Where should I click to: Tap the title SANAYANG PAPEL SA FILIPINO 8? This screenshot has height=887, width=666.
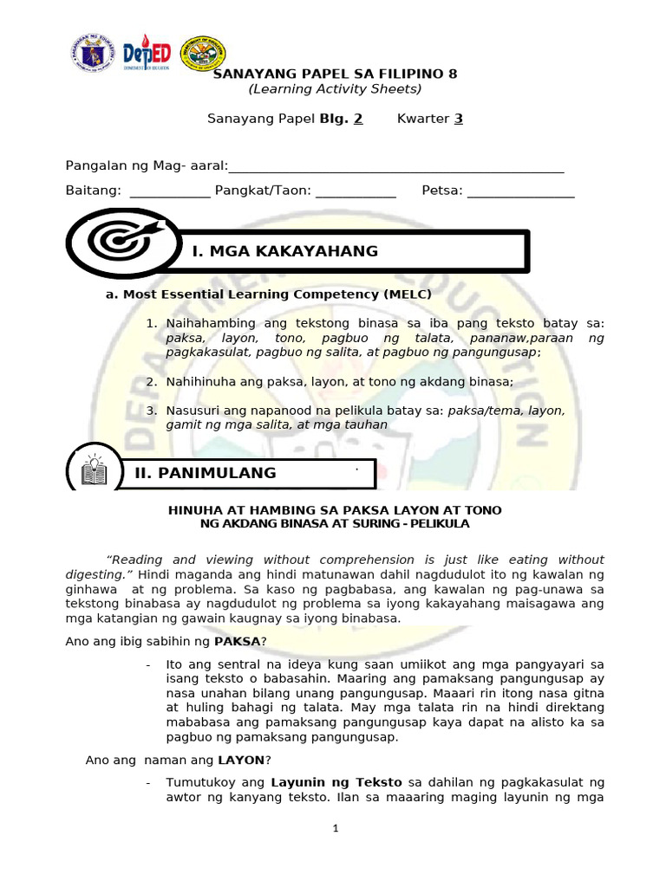coord(335,74)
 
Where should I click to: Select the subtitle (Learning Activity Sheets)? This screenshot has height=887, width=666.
coord(335,89)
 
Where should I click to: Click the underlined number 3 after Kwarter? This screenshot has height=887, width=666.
coord(459,119)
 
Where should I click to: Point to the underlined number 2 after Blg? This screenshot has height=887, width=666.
coord(358,119)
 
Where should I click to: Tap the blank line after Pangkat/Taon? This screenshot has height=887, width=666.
coord(356,191)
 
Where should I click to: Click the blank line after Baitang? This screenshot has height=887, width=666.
coord(170,191)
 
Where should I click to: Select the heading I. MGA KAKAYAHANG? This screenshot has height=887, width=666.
coord(285,251)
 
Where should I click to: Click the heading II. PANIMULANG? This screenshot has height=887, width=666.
coord(206,473)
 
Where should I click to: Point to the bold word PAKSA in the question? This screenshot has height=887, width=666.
coord(237,642)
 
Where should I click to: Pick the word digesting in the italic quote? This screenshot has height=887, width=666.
coord(96,575)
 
